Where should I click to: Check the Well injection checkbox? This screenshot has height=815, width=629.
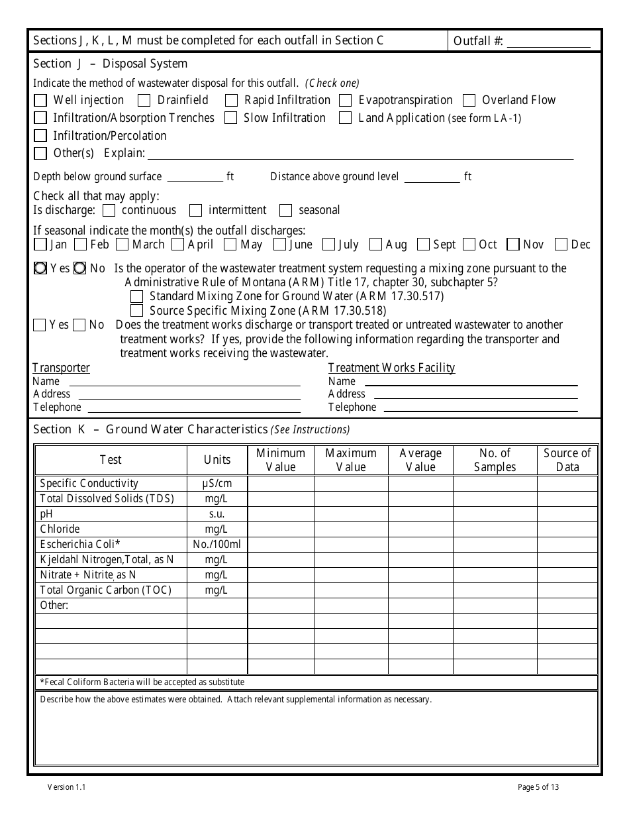tap(40, 101)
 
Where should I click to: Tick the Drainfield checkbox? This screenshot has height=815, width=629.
tap(144, 101)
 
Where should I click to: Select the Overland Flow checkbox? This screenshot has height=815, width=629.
tap(469, 101)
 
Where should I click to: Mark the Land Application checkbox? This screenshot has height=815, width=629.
tap(345, 119)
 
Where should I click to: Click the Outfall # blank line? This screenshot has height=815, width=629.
tap(548, 42)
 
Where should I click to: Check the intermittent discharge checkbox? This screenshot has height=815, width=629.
tap(195, 211)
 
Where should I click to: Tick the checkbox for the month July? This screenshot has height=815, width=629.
tap(328, 245)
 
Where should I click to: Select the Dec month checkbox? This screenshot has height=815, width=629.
tap(561, 245)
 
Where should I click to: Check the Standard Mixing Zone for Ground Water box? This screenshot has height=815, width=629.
tap(137, 297)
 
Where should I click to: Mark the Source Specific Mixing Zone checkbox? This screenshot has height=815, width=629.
tap(137, 311)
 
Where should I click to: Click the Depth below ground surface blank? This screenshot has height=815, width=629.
tap(195, 177)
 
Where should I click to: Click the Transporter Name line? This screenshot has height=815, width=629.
tap(185, 382)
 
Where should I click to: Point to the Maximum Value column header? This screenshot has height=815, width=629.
tap(350, 460)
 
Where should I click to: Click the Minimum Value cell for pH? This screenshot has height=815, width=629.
tap(281, 514)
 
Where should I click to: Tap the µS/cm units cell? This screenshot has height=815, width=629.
tap(217, 484)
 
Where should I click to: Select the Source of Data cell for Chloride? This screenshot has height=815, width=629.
tap(567, 529)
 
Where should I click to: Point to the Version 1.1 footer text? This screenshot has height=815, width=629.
tap(66, 787)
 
